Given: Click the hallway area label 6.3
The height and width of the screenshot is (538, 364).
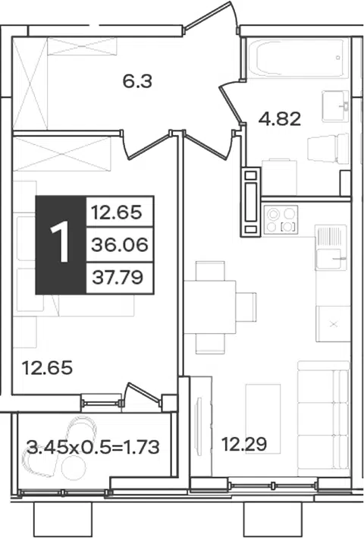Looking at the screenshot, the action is pos(137,82).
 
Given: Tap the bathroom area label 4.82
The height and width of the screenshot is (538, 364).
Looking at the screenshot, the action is pos(280,119).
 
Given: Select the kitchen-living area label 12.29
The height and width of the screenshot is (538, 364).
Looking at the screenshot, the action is pos(244,445).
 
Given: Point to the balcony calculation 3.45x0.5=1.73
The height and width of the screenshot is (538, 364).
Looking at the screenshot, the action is pos(93,448).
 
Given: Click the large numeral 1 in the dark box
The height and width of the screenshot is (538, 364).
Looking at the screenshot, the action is pos(61,244).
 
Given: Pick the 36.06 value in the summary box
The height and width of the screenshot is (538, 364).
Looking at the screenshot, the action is pos(120,244).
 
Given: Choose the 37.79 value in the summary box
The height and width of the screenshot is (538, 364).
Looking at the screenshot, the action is pos(118,277).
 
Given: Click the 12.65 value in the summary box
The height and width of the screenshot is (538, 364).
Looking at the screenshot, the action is pos(116,212).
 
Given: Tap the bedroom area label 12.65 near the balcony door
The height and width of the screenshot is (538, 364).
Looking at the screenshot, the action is pos(47,368).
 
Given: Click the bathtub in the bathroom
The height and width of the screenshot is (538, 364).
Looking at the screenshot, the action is pos(296,58).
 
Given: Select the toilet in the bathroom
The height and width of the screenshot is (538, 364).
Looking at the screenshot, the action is pos(328,148).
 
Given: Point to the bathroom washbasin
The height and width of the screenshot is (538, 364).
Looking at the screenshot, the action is pos(335,106).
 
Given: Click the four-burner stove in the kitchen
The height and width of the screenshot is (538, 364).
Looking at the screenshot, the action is pos(281,219).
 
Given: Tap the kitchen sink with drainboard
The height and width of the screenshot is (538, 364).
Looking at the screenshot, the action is pos(331,247).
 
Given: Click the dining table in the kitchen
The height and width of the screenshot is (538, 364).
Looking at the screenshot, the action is pos(210,307).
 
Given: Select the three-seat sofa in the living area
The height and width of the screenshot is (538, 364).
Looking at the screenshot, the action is pos(323,419).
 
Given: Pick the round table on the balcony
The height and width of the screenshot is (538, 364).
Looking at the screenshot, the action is pos(74,467).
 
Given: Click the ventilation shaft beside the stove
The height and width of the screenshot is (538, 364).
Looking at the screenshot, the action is pos(250,202).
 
